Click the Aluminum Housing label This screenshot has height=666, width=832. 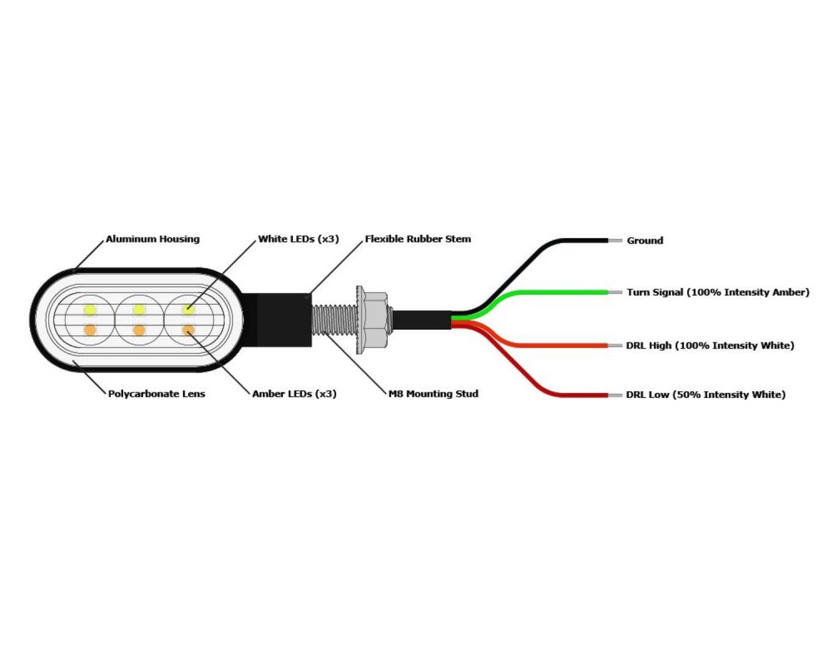pos(152,239)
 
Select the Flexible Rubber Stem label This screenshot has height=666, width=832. pos(418,239)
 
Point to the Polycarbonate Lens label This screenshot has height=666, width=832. pos(156,394)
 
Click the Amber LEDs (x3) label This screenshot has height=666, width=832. pos(294,394)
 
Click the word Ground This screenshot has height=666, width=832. pos(645,241)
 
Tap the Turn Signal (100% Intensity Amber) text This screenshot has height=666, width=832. pos(718,292)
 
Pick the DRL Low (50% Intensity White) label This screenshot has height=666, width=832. pos(706,395)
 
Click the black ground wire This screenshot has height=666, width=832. pos(574,241)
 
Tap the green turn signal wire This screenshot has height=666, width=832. pos(566,292)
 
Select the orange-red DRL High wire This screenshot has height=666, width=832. pos(566,345)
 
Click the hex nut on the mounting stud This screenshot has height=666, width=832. pos(374,319)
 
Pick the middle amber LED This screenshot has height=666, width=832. pos(139,331)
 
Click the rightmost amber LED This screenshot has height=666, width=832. pos(189,331)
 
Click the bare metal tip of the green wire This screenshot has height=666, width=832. pos(615,292)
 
